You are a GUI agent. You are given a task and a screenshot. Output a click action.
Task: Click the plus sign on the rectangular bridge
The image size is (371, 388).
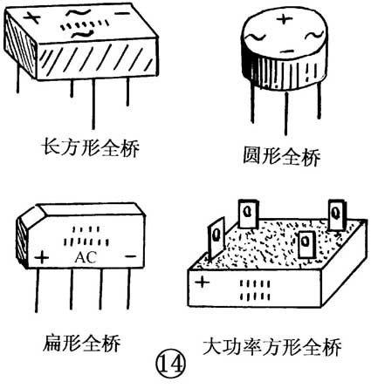click(x=34, y=16)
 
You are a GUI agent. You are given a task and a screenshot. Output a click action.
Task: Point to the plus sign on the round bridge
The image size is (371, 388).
click(x=281, y=17)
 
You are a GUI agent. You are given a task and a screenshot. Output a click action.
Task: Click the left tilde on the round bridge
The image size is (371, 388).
click(x=254, y=37)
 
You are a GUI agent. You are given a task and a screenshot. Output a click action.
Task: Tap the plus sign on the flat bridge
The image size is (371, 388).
click(x=41, y=258)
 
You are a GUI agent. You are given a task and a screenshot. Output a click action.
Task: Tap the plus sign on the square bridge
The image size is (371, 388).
click(x=202, y=282)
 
